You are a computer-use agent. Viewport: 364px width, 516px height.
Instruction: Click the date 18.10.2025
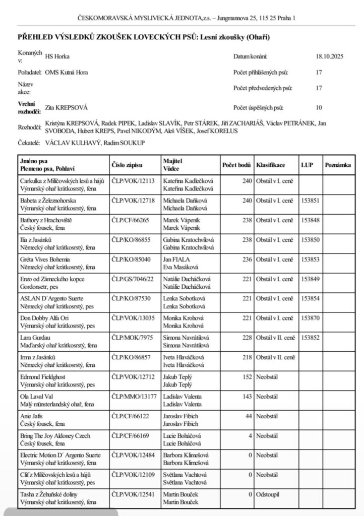pos(329,57)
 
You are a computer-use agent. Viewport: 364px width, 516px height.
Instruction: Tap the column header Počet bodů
pos(236,165)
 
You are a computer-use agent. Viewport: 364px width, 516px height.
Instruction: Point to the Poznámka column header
pos(338,165)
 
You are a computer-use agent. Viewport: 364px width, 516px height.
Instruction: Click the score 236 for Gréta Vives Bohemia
pos(246,259)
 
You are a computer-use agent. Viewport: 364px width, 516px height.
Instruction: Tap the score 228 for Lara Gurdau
pos(246,338)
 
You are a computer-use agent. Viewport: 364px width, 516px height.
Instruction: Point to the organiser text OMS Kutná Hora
pos(66,72)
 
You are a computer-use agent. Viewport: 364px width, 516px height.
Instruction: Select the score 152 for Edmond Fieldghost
pos(246,377)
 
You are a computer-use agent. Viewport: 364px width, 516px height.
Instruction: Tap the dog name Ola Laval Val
pos(37,397)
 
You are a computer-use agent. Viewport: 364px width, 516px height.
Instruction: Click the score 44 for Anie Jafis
pos(247,416)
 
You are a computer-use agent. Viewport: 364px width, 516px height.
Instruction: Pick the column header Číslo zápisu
pos(127,165)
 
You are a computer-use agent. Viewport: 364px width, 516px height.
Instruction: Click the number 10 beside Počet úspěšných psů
pos(319,107)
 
